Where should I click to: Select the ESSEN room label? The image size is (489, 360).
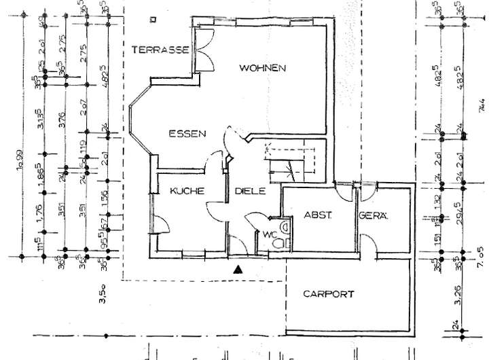(187, 134)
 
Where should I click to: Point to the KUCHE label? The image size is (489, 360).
(187, 192)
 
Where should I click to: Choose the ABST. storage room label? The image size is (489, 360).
(317, 216)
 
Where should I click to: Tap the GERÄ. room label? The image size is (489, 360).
(374, 216)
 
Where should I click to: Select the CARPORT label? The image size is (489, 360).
(329, 295)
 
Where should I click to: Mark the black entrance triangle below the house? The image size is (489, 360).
(237, 270)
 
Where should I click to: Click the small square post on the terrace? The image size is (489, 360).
(156, 20)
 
